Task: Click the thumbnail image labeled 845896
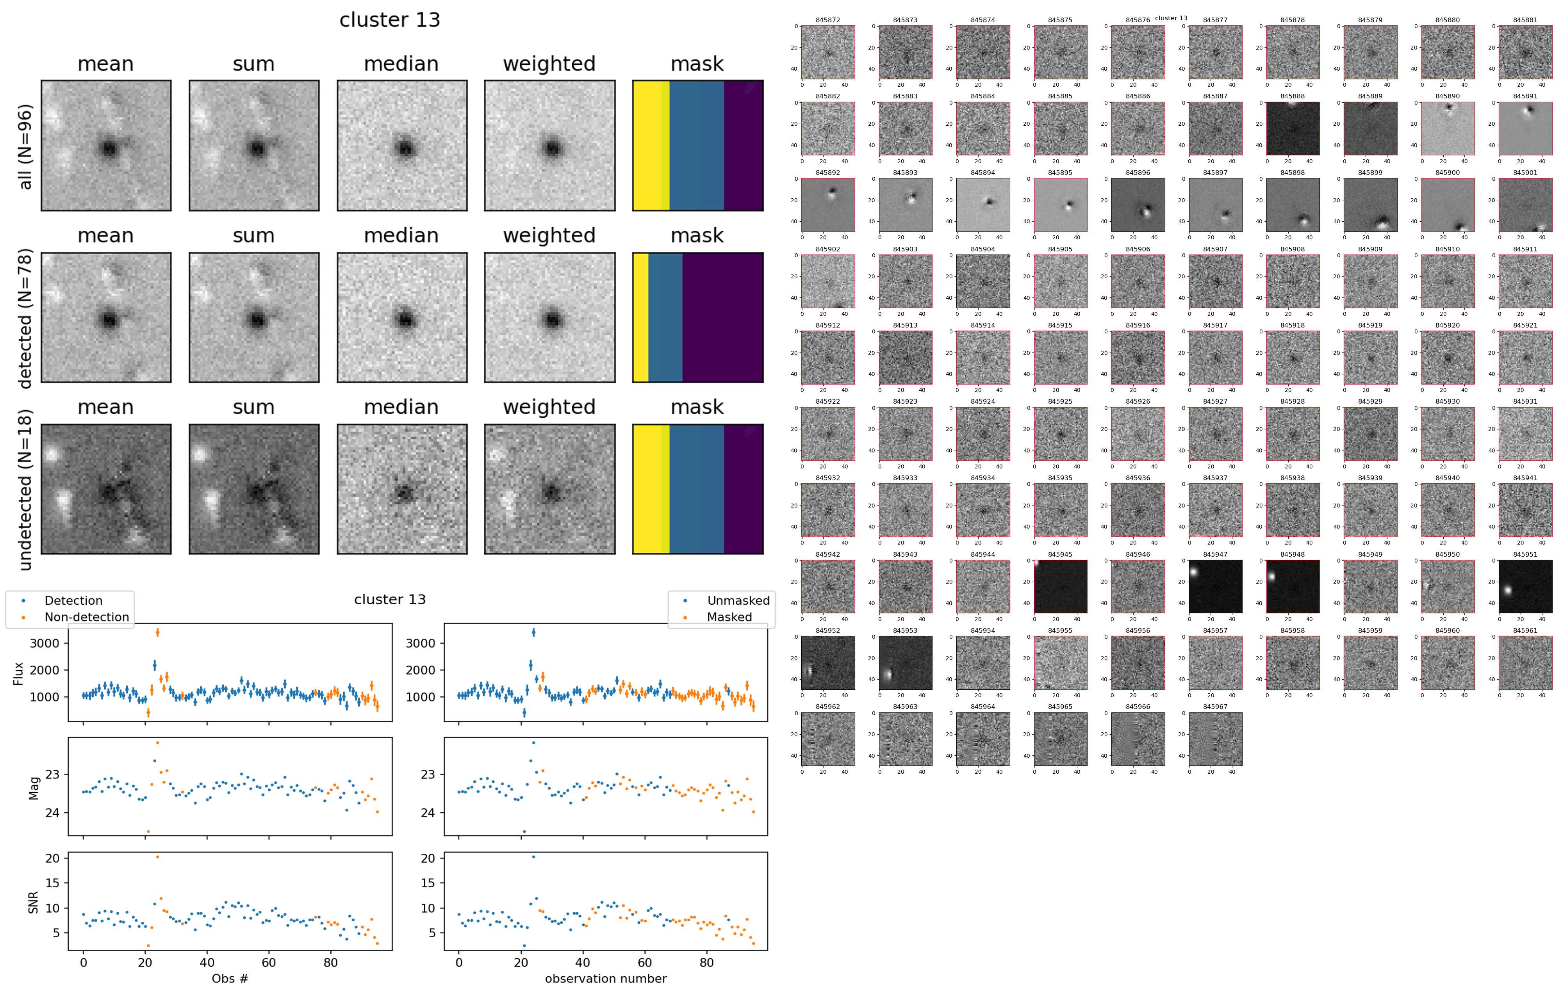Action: tap(1138, 205)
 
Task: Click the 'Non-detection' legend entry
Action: tap(86, 617)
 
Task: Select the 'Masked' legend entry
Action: tap(729, 617)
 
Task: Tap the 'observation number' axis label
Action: tap(605, 978)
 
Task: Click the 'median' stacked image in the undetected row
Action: tap(401, 490)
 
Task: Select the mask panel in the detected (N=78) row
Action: tap(697, 318)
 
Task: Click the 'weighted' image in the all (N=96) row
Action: tap(549, 146)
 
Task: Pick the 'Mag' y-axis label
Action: tap(34, 787)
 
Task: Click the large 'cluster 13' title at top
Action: tap(390, 20)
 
